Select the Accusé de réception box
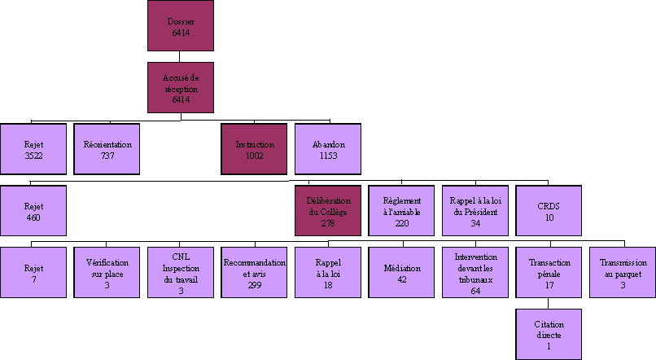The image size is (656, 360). point(181,87)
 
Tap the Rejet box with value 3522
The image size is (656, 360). point(33,149)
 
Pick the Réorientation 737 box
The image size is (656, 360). point(107,149)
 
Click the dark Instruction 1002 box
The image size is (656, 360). point(254,149)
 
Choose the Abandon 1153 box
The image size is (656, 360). point(328,149)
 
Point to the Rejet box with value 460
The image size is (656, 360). point(33,211)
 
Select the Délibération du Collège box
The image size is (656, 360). point(328,211)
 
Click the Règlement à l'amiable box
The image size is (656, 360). point(402,211)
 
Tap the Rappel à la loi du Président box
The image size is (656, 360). point(475,211)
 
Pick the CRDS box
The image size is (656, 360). point(549,211)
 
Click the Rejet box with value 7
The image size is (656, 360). point(33,272)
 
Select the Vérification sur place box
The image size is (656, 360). point(107,272)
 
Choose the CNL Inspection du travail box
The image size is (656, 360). point(181,272)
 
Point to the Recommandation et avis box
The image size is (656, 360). point(254,272)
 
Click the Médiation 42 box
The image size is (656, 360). point(402,272)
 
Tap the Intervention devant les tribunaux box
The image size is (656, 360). point(475,272)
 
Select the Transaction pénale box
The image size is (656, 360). point(549,272)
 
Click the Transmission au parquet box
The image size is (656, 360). point(623,272)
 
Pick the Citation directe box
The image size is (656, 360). point(549,334)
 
